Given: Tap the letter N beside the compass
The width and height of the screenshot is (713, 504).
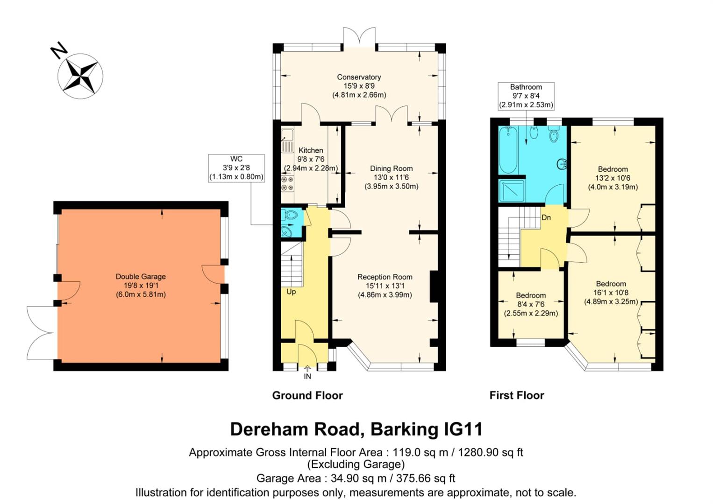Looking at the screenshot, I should (59, 50).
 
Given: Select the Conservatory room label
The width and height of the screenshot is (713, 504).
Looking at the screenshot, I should (359, 77).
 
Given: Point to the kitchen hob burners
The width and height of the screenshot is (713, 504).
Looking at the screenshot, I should (287, 183).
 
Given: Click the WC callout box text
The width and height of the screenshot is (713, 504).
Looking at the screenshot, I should (236, 168).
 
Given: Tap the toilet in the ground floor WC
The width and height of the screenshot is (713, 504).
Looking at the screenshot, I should (291, 216).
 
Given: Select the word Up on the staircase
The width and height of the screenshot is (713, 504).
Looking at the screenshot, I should (291, 292).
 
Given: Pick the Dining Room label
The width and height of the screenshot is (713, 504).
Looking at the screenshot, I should (391, 168).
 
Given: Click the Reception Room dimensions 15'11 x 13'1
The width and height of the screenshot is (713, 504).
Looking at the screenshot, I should (385, 286).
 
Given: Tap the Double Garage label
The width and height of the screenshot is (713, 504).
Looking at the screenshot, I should (141, 277).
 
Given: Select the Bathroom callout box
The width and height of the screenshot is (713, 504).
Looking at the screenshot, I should (526, 96).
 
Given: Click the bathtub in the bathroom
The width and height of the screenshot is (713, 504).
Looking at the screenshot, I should (508, 149).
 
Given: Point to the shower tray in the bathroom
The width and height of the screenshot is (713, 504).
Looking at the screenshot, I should (511, 191).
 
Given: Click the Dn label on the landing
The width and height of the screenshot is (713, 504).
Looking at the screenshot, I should (546, 217).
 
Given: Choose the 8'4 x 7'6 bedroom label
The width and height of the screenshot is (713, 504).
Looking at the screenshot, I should (531, 304).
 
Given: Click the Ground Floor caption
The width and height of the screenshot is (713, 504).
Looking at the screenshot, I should (307, 396).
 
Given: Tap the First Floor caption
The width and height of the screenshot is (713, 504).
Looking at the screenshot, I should (517, 396).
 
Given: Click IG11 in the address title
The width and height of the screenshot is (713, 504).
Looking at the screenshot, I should (462, 429).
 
